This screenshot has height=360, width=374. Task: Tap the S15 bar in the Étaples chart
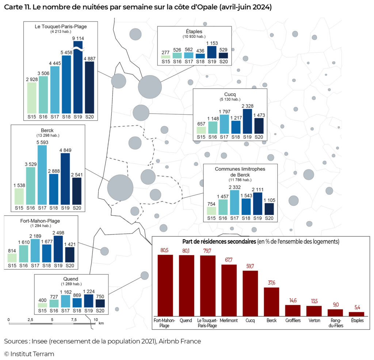(166, 57)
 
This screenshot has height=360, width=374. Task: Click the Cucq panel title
(230, 94)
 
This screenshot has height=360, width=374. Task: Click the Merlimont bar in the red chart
(229, 290)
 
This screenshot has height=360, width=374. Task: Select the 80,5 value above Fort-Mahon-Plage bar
(165, 250)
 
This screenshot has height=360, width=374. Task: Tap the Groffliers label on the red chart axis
(293, 320)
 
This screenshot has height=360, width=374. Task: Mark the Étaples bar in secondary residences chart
(356, 314)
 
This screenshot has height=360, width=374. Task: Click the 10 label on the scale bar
(96, 319)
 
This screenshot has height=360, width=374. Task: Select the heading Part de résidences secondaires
(219, 242)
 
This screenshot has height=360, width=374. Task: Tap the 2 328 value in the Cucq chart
(247, 106)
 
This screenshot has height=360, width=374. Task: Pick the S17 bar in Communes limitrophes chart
(234, 202)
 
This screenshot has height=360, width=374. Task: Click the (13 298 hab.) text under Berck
(48, 135)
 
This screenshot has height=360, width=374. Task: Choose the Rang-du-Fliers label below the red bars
(335, 323)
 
